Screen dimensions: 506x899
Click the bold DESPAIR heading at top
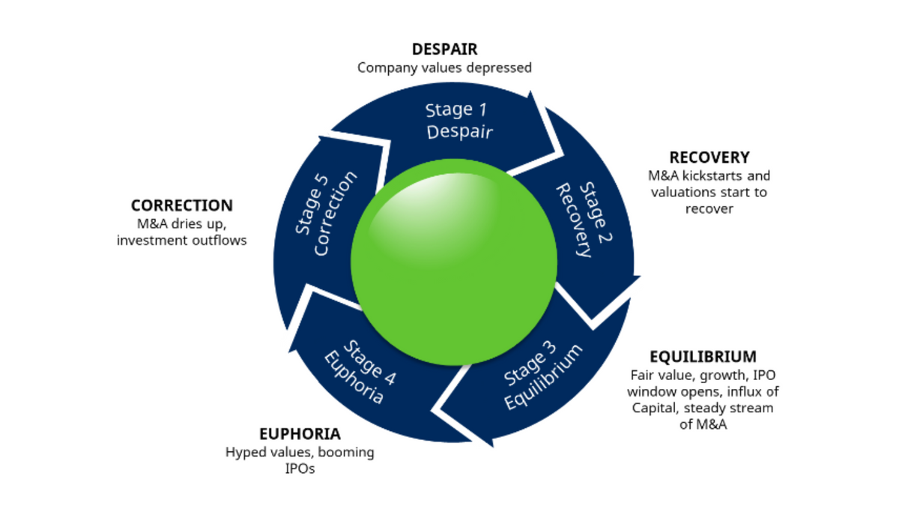(444, 49)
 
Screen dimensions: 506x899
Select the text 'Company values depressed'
(444, 68)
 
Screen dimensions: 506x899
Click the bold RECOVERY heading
(709, 157)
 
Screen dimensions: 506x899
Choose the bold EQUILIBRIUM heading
(703, 356)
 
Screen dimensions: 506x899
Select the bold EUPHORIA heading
(300, 434)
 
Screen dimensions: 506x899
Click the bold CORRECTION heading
(182, 205)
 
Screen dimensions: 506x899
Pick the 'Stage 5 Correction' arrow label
(322, 214)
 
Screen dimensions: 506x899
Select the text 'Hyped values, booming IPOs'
(300, 460)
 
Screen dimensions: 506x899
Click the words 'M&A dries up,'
(182, 224)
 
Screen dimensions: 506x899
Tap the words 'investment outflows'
(182, 241)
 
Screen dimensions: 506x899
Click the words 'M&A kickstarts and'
(709, 176)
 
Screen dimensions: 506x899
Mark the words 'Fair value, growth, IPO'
(703, 374)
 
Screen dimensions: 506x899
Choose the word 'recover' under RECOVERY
(709, 209)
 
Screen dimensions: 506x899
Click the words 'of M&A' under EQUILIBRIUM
(703, 425)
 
